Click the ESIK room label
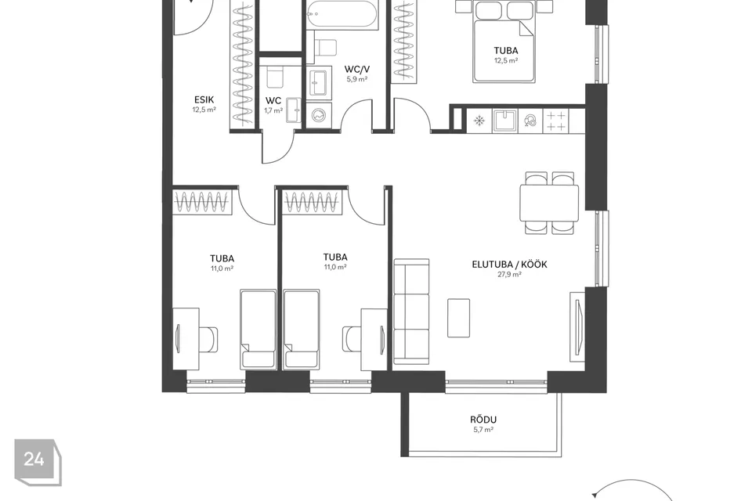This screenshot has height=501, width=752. click(204, 99)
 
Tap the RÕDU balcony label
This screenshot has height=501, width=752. click(483, 420)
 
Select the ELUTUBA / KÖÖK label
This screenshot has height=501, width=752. click(509, 264)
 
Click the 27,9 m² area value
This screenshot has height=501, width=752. click(509, 275)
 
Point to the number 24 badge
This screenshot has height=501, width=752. click(38, 462)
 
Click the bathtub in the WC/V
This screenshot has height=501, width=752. click(342, 14)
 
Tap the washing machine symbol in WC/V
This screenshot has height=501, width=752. click(319, 116)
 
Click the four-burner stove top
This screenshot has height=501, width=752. click(556, 121)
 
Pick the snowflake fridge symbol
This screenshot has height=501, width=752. click(479, 121)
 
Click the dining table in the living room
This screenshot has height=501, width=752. click(549, 203)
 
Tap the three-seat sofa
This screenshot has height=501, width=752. click(411, 312)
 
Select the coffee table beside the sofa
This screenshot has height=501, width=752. click(458, 318)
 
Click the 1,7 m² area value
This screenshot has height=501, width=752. click(273, 110)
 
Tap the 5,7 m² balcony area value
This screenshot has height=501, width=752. click(483, 430)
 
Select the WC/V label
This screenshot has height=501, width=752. click(357, 70)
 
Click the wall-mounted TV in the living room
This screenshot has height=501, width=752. click(578, 326)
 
